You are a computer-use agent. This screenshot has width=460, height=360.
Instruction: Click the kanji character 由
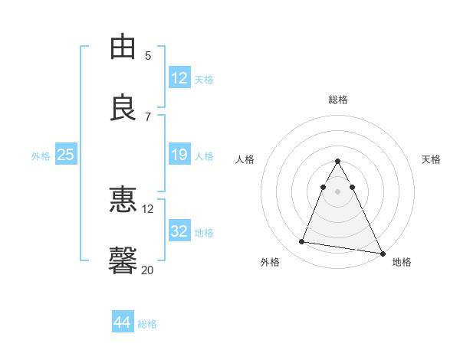pos(123,47)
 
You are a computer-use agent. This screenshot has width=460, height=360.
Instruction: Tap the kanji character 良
pos(123,108)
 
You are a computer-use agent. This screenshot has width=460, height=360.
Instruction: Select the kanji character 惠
pos(123,200)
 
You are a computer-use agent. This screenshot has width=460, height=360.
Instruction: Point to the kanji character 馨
pos(123,261)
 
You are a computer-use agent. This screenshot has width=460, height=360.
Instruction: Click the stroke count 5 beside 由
pos(148,55)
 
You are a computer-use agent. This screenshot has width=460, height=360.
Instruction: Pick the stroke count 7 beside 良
pos(148,116)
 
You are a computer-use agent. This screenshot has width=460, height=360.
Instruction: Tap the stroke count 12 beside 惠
pos(148,208)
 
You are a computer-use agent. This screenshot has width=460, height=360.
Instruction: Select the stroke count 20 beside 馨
pos(148,270)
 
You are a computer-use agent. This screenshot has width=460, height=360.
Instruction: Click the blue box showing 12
pos(179,78)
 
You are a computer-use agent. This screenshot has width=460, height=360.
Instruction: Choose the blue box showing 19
pos(179,155)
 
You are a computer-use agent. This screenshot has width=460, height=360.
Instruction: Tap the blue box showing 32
pos(179,231)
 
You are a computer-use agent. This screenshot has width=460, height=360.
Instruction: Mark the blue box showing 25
pos(66,155)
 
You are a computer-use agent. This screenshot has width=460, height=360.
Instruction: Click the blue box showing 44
pos(123,322)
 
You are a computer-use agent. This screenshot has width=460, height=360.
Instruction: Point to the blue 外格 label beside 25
pos(41,155)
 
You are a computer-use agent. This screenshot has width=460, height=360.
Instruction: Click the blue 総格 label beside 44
pos(147,324)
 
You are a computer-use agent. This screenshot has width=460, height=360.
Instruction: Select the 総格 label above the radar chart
pos(338,100)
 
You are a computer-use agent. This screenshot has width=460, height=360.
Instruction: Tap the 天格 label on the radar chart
pos(432,159)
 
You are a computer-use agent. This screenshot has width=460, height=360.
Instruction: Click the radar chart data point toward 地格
pos(382,254)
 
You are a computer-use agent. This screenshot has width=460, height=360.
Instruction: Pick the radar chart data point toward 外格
pos(302,242)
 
